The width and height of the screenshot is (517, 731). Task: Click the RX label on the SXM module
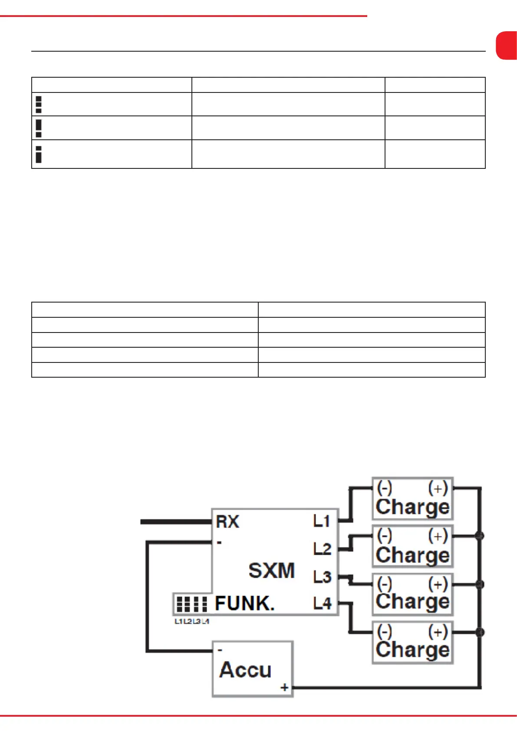click(227, 521)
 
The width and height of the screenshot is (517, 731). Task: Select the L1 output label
click(322, 521)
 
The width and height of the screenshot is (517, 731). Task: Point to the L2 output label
click(322, 549)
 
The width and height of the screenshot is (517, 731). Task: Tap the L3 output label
click(322, 577)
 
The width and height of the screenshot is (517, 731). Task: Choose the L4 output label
click(322, 603)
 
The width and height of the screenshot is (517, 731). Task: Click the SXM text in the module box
click(271, 570)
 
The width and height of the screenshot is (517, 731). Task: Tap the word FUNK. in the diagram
click(245, 603)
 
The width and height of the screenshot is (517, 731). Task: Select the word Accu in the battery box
click(245, 669)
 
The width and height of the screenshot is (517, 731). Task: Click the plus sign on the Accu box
click(284, 687)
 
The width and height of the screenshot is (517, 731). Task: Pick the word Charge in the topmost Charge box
click(412, 507)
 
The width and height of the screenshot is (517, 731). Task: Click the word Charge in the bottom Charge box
click(412, 650)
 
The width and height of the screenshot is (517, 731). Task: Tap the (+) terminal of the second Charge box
click(438, 536)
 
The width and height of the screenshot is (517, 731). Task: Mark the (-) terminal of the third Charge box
click(385, 584)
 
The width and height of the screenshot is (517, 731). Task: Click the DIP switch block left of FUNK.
click(191, 604)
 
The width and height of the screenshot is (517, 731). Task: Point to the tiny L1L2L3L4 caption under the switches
click(192, 622)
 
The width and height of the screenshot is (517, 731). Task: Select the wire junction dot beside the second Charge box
click(479, 536)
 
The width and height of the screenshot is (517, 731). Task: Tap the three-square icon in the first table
click(39, 104)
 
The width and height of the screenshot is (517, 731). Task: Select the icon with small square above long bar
click(39, 154)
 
